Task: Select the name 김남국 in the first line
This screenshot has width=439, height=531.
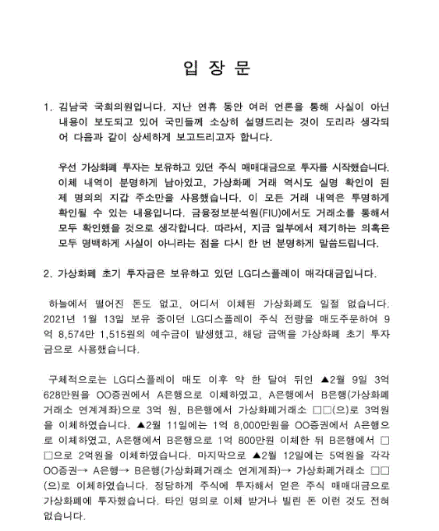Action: [x=75, y=107]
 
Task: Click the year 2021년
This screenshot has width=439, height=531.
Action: [x=63, y=318]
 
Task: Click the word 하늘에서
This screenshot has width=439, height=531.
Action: [x=69, y=302]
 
